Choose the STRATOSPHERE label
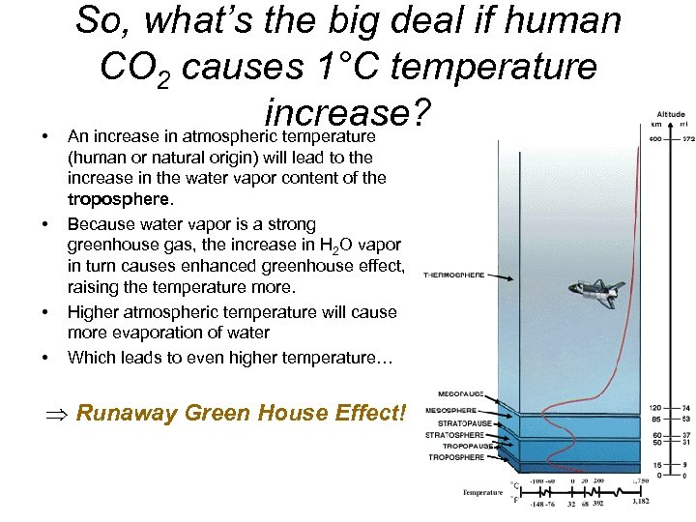[x=454, y=435]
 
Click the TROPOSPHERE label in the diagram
[x=456, y=457]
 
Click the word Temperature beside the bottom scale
[x=482, y=492]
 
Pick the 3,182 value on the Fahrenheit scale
[x=641, y=502]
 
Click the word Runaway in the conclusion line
[x=113, y=413]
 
